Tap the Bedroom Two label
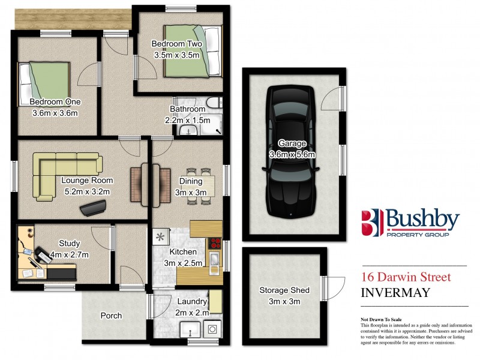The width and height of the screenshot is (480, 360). coord(176,44)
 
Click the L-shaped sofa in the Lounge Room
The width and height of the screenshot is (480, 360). coord(60,171)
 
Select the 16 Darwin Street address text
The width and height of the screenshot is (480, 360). coord(406,277)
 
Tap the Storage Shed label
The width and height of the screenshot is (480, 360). coord(284,290)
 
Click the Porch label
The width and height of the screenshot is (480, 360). coord(111,316)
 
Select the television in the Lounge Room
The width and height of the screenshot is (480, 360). coord(94,208)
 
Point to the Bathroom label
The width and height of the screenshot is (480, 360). coord(187,109)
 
